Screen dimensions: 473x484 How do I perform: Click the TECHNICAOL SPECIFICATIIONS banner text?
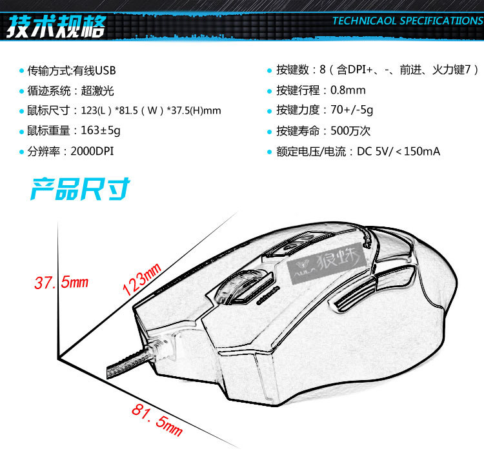point(407,20)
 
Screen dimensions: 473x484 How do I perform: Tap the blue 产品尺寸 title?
point(81,189)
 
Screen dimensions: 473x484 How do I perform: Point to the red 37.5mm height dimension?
point(61,283)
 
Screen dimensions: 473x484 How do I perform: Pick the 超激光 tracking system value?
point(103,90)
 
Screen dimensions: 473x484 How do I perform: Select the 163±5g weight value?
point(100,131)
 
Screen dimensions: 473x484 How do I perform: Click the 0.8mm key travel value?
point(348,90)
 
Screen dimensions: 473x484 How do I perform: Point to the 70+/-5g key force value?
point(352,110)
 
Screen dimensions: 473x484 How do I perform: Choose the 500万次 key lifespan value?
point(350,131)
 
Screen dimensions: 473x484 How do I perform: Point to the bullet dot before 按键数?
point(270,70)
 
